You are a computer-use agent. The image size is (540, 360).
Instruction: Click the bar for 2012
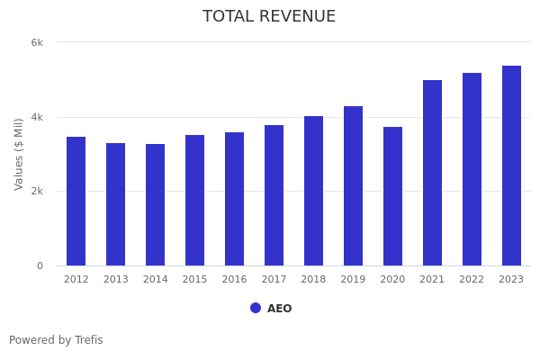(76, 201)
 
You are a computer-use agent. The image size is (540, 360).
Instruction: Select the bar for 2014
(156, 204)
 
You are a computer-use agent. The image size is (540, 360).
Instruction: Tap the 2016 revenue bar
(235, 199)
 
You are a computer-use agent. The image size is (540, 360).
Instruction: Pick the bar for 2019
(354, 185)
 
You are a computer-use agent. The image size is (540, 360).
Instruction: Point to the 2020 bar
(393, 196)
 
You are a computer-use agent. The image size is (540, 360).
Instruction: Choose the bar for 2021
(433, 173)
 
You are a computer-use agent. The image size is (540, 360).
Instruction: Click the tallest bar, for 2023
(512, 166)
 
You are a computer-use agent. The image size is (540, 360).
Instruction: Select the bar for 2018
(314, 191)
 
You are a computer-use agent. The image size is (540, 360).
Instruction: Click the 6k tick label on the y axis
(37, 42)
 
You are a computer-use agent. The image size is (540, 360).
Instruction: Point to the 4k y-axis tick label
(37, 117)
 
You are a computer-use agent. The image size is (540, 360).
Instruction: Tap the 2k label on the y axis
(37, 192)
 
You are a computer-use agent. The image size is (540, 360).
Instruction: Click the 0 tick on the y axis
(40, 265)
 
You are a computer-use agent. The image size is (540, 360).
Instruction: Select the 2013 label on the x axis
(116, 279)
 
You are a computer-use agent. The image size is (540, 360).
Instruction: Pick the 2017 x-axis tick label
(274, 279)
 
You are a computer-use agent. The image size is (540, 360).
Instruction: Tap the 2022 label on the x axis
(472, 279)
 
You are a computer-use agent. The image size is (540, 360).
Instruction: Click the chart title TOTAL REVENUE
(269, 17)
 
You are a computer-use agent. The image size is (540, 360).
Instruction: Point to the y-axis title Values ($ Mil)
(19, 154)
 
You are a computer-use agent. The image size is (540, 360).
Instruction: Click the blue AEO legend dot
(256, 308)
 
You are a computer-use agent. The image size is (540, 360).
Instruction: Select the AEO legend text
(279, 309)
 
